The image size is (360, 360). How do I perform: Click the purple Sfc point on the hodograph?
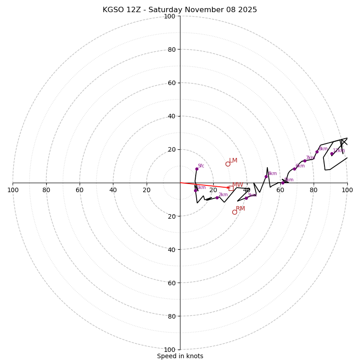(197, 169)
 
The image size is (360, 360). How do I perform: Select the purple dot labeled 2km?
(217, 198)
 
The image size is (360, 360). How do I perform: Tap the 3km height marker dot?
(246, 198)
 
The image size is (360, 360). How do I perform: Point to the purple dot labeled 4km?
(266, 176)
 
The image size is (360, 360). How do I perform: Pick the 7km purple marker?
(305, 161)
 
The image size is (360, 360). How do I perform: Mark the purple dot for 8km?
(317, 152)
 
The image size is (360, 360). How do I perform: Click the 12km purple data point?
(332, 154)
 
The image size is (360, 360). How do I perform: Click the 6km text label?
(300, 166)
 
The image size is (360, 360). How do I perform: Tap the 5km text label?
(289, 180)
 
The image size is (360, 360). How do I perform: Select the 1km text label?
(201, 188)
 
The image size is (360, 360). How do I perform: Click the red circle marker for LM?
(228, 164)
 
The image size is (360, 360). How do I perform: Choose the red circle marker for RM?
(234, 212)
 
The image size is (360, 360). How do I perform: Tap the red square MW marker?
(231, 188)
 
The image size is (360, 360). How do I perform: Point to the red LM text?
(233, 161)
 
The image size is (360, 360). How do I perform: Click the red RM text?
(240, 209)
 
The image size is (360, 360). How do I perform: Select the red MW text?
(238, 185)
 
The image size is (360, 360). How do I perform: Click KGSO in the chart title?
(112, 10)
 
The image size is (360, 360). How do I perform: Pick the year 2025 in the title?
(248, 10)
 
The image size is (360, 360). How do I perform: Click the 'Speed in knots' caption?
(180, 356)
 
